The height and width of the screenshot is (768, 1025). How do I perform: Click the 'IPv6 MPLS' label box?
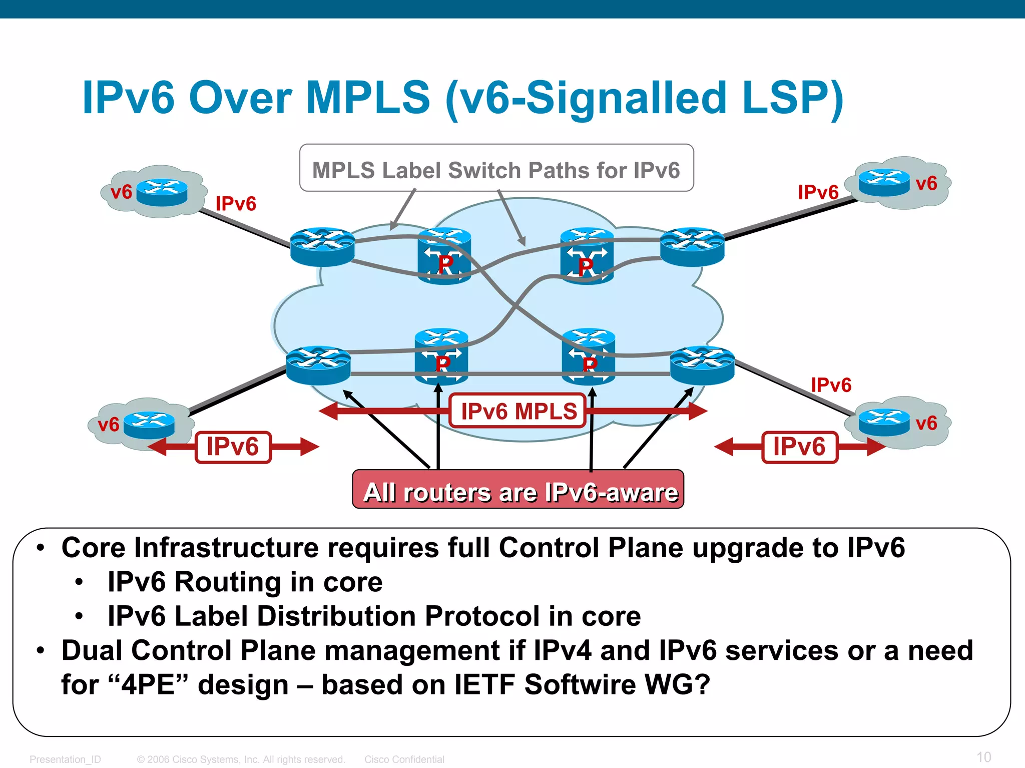[518, 411]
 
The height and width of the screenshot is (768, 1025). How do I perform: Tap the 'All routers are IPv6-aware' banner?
[518, 490]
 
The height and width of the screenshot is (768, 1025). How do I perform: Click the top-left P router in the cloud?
[444, 256]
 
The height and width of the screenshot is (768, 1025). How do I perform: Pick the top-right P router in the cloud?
[587, 256]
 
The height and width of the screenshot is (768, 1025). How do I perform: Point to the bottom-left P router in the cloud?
[441, 356]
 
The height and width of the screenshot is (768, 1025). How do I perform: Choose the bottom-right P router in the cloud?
[588, 356]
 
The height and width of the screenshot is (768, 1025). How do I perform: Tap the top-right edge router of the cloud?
[692, 246]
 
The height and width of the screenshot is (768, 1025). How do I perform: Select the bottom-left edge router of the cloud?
[318, 365]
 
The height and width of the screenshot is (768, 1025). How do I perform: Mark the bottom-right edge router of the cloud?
[702, 365]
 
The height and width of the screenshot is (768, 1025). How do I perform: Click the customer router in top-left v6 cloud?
[162, 192]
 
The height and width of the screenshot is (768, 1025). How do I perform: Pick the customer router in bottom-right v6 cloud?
[884, 422]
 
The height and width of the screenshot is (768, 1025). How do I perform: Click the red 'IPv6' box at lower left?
[233, 447]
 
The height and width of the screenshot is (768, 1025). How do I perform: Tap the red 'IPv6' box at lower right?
[799, 447]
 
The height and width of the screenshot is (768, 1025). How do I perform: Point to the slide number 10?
[983, 756]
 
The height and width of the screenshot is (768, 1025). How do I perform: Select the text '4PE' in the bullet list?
[148, 684]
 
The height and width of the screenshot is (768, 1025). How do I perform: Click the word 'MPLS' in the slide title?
[368, 98]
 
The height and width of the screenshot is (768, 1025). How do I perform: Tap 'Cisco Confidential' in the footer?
[404, 759]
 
